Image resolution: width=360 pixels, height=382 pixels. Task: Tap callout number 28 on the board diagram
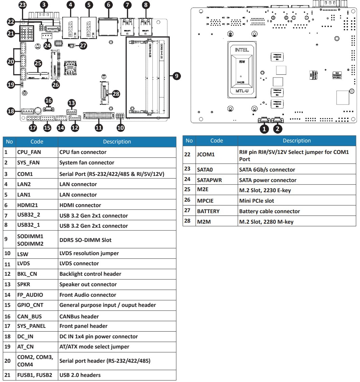pyautogui.click(x=116, y=94)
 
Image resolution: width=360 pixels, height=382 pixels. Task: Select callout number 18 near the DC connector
pyautogui.click(x=11, y=111)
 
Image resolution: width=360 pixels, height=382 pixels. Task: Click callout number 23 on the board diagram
pyautogui.click(x=22, y=5)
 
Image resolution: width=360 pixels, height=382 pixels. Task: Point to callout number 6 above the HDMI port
pyautogui.click(x=108, y=5)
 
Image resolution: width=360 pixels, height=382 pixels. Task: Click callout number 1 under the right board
pyautogui.click(x=264, y=129)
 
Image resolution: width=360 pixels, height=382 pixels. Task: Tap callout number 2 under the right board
pyautogui.click(x=278, y=129)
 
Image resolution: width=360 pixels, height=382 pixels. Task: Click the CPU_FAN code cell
pyautogui.click(x=28, y=152)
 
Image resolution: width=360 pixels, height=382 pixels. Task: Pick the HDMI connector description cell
pyautogui.click(x=80, y=205)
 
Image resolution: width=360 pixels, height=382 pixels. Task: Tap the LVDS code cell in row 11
pyautogui.click(x=24, y=263)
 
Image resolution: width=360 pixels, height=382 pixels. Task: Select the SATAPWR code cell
pyautogui.click(x=209, y=180)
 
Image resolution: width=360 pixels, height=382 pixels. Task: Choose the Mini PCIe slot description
pyautogui.click(x=256, y=201)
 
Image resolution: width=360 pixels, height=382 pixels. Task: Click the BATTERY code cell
pyautogui.click(x=208, y=211)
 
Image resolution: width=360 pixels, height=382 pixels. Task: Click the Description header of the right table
pyautogui.click(x=296, y=140)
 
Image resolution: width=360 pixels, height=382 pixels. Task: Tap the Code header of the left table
pyautogui.click(x=37, y=142)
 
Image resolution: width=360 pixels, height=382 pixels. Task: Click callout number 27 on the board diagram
pyautogui.click(x=83, y=46)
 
